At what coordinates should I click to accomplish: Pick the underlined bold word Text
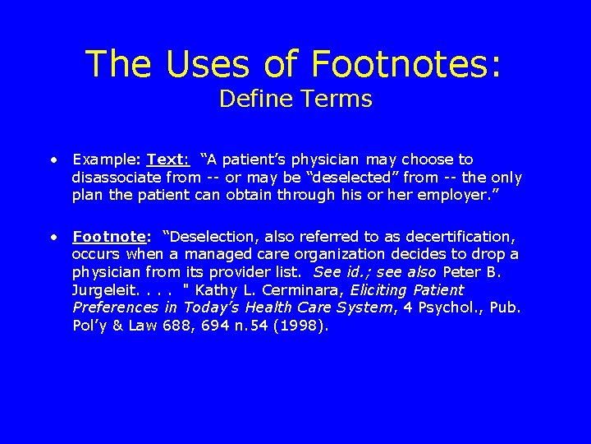[x=167, y=160]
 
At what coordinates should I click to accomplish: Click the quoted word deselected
[x=352, y=178]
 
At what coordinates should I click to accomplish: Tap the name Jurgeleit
[x=103, y=290]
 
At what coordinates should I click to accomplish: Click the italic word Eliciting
[x=381, y=290]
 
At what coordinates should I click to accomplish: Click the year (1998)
[x=300, y=326]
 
